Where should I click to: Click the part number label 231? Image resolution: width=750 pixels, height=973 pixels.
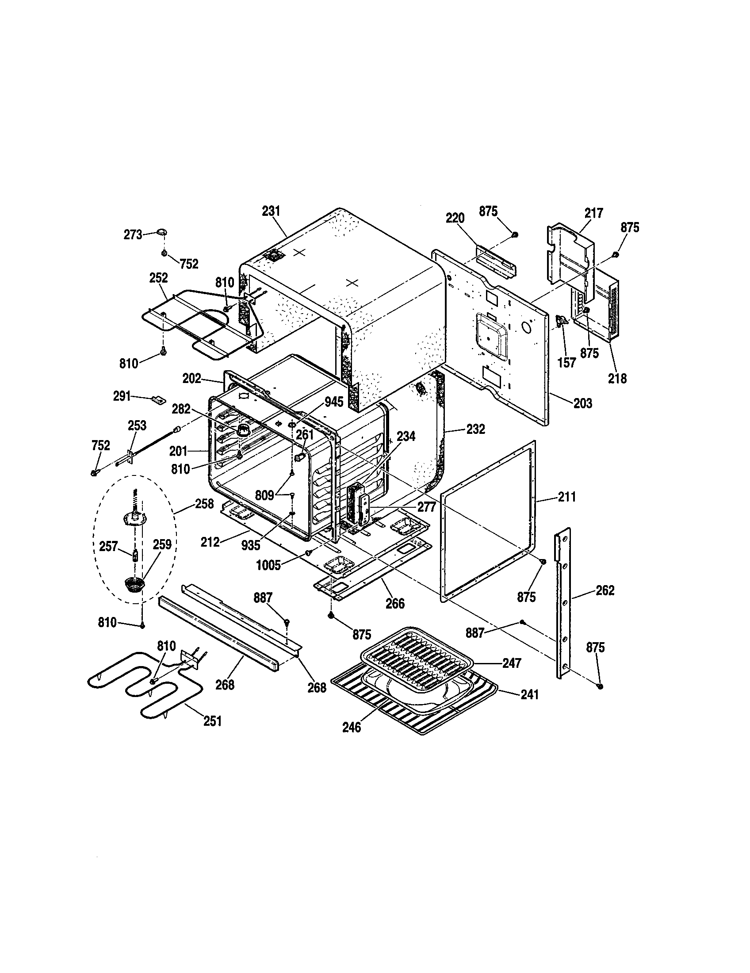[x=271, y=211]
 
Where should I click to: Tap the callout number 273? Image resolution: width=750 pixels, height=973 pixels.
[x=133, y=234]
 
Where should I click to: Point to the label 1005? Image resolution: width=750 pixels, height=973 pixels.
[x=268, y=565]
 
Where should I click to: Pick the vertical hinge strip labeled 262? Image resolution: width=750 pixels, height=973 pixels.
[x=563, y=606]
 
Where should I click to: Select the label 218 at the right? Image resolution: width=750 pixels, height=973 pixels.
[x=617, y=378]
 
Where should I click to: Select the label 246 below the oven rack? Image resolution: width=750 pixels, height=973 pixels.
[x=352, y=727]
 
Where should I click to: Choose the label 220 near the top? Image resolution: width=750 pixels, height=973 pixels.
[x=455, y=218]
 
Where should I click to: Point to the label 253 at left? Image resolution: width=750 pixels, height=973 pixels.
[x=137, y=425]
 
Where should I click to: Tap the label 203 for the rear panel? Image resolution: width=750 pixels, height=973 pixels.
[x=582, y=403]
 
